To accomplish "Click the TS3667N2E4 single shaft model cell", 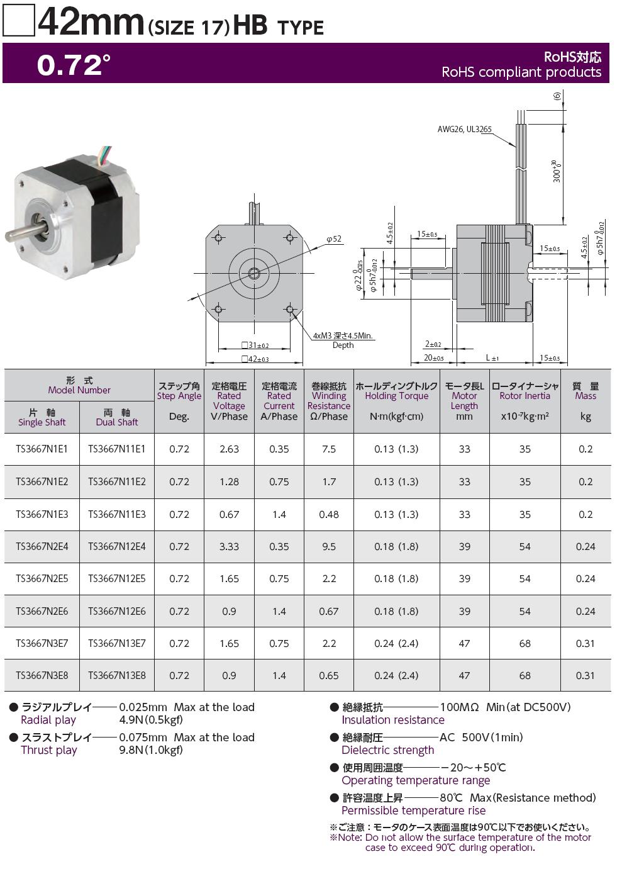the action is click(42, 546).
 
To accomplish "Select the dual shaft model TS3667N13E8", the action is click(117, 675).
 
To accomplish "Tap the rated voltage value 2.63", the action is click(229, 449).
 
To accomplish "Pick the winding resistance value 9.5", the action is click(329, 546).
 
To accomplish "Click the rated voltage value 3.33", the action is click(229, 546).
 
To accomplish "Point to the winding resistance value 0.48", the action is click(329, 514).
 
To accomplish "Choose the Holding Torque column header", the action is click(396, 401).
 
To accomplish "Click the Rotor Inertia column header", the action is click(525, 401).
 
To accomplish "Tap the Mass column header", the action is click(586, 401).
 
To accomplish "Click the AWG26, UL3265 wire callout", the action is click(464, 129).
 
